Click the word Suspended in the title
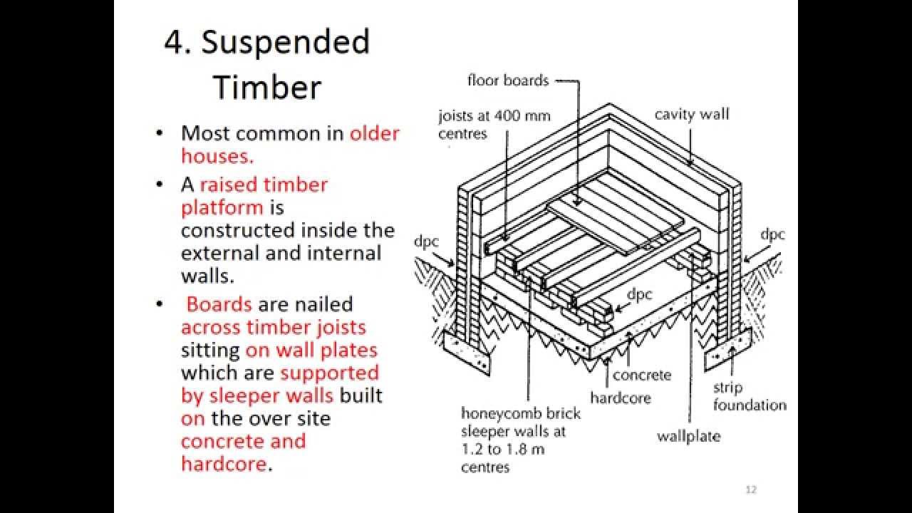285,43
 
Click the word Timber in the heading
267,87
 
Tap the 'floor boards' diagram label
508,81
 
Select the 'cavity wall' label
692,114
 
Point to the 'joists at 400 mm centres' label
494,124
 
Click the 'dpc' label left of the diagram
426,242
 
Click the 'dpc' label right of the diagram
772,234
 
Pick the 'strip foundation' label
750,397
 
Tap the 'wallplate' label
688,435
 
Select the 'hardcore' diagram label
620,398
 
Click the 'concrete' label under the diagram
641,375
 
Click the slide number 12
750,489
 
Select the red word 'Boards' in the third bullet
219,304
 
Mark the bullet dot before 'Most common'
162,134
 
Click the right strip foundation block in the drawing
725,353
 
